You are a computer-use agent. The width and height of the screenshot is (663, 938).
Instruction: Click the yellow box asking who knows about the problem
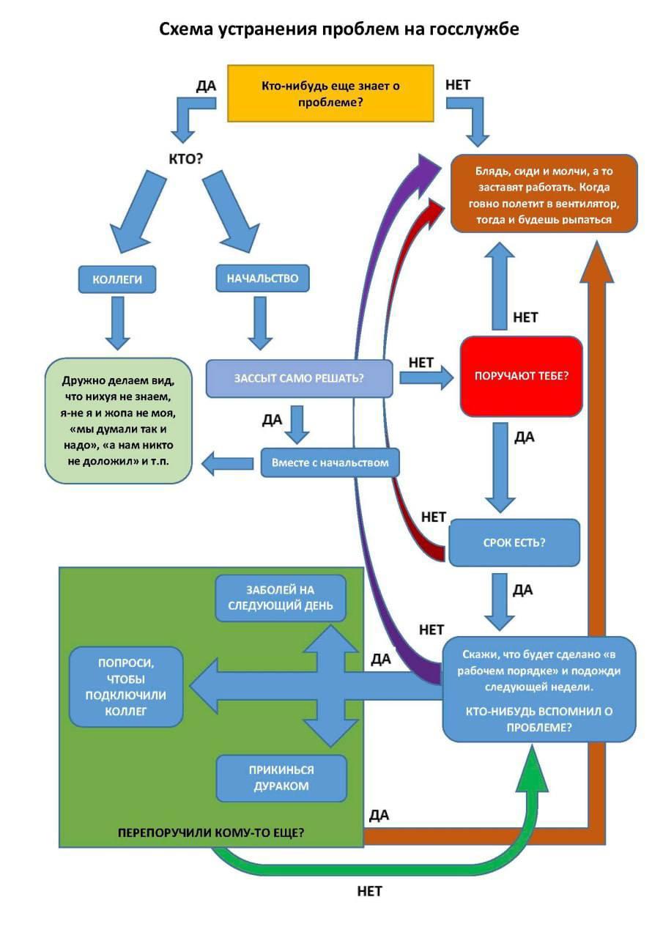(330, 93)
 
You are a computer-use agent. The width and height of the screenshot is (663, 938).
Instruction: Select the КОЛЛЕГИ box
(117, 279)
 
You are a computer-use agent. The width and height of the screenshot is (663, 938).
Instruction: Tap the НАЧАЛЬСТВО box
(262, 278)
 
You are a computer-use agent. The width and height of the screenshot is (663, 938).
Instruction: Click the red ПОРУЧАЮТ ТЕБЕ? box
(521, 376)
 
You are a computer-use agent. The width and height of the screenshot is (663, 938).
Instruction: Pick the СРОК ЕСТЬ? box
(514, 543)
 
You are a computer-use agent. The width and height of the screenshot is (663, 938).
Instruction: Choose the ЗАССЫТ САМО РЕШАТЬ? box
(299, 379)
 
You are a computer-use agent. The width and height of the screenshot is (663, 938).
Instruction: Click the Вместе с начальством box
(330, 462)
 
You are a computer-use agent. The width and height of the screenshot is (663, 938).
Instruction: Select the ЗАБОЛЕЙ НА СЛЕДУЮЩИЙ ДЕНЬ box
(281, 598)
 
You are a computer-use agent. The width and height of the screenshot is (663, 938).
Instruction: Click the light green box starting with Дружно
(119, 421)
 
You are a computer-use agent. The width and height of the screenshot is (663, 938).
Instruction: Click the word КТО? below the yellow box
(185, 159)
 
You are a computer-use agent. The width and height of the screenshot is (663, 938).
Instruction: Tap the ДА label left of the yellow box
(206, 86)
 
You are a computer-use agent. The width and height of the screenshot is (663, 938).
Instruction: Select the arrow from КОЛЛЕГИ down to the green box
(118, 323)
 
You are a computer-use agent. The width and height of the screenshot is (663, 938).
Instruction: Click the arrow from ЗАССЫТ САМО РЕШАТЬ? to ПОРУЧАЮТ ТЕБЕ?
(426, 378)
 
